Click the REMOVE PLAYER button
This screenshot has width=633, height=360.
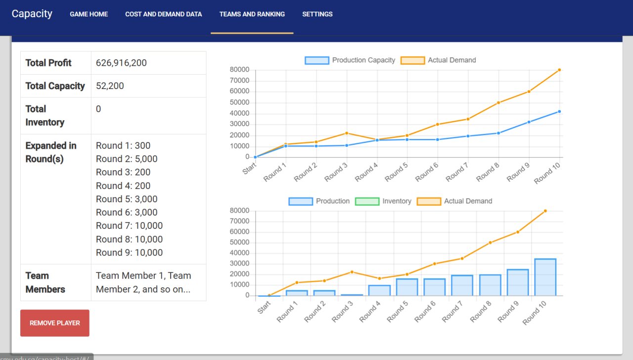[x=54, y=323]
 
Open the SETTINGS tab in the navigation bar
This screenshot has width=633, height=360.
[x=317, y=14]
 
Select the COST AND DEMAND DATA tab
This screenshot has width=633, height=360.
[x=163, y=14]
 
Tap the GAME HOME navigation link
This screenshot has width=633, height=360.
[x=89, y=14]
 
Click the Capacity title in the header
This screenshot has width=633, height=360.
[x=32, y=13]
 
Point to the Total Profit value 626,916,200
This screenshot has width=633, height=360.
[x=121, y=63]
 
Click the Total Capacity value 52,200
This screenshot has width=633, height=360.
[x=110, y=86]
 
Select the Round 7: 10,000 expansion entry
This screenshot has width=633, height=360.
[x=129, y=225]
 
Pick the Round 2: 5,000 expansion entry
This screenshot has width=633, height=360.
[x=126, y=159]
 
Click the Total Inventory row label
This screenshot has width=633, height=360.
[x=45, y=116]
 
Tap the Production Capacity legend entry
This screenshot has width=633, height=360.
[x=350, y=60]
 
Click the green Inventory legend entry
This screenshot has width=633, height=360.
[x=383, y=201]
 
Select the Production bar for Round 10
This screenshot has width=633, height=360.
[x=545, y=277]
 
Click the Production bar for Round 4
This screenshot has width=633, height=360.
[x=379, y=290]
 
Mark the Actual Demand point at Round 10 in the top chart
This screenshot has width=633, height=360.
[x=559, y=70]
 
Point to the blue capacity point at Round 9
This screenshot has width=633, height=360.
[x=529, y=122]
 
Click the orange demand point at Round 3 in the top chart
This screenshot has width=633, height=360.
[x=347, y=133]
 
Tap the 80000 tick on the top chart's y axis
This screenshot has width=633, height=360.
[x=239, y=70]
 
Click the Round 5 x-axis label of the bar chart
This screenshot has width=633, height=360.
[x=397, y=312]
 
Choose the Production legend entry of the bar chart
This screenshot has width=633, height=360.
[x=319, y=201]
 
